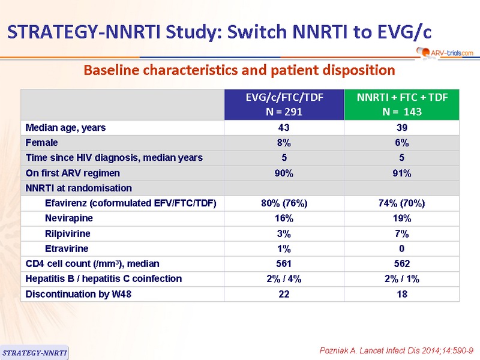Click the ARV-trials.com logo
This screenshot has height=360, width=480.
445,53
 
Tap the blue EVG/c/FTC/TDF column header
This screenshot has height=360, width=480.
284,104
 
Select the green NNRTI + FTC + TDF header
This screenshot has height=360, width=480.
401,104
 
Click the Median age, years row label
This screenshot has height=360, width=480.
65,128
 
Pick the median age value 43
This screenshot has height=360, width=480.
284,128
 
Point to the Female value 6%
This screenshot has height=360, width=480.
401,143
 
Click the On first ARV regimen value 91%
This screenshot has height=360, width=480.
401,173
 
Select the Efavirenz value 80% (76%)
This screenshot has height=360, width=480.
284,203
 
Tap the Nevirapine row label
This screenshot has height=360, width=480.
69,218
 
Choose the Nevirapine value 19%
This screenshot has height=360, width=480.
402,218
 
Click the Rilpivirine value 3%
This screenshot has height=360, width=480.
284,233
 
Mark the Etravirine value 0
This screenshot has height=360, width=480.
401,248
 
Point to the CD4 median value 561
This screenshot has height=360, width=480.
284,263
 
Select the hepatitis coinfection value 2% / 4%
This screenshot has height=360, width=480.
284,279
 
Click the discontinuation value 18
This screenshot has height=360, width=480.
402,294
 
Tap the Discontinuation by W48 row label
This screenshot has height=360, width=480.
79,294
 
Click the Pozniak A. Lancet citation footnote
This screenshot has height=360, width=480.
397,350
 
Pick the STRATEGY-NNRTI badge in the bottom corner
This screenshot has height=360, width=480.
34,353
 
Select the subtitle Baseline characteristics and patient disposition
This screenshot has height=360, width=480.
239,70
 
